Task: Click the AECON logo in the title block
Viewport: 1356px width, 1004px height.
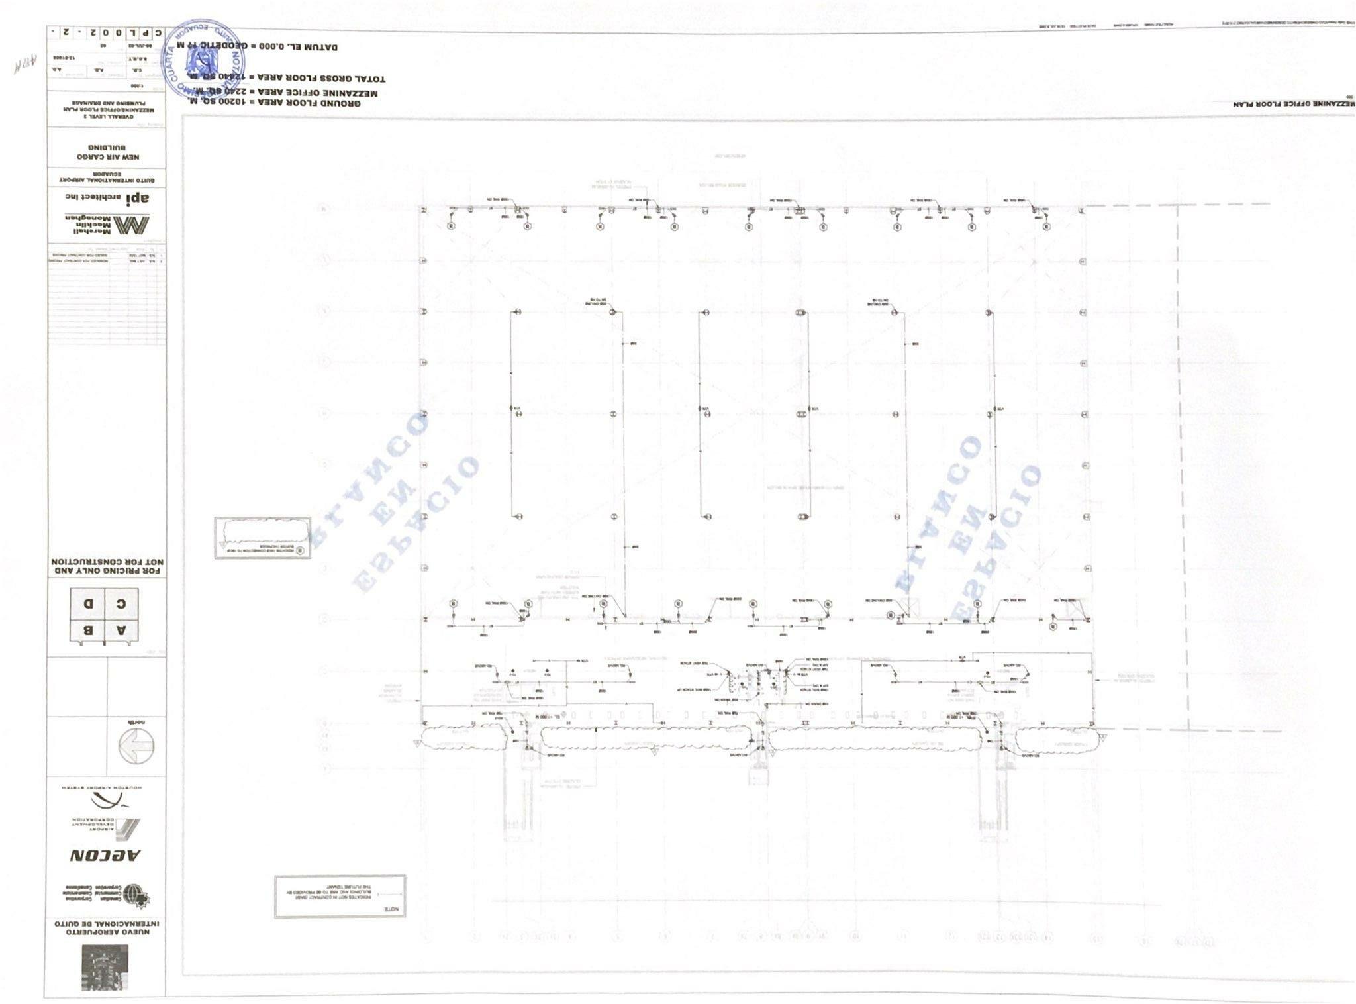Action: coord(106,855)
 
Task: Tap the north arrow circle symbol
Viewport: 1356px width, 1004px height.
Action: coord(136,746)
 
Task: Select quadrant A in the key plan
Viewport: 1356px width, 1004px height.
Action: coord(121,629)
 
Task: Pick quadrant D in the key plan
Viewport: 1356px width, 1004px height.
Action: coord(87,603)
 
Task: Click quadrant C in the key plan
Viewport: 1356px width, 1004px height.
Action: coord(121,603)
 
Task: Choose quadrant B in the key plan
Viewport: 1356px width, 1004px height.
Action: coord(87,629)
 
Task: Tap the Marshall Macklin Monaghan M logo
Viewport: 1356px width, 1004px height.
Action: coord(132,225)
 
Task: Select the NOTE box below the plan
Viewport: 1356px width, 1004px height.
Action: coord(340,896)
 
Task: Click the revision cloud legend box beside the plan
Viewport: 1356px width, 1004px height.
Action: coord(262,538)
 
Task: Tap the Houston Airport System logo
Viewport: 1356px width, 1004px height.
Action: coord(106,799)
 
